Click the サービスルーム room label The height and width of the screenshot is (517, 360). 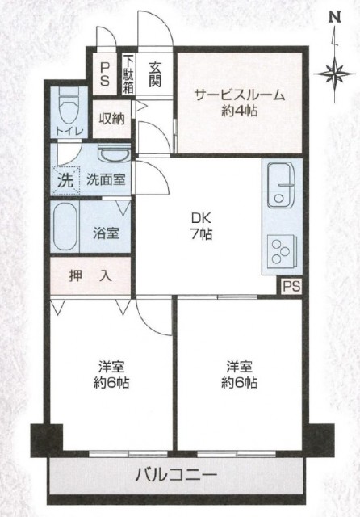point(240,95)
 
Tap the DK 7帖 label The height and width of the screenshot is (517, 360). point(201,226)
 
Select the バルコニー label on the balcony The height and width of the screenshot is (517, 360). point(176,475)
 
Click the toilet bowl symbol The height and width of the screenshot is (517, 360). point(69,106)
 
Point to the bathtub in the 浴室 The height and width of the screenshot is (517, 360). point(65,227)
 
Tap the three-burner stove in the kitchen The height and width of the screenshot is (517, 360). point(282,251)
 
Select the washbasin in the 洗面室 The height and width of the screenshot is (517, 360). point(115,154)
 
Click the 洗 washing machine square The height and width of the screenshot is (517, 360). point(66,181)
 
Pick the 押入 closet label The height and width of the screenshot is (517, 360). point(90,275)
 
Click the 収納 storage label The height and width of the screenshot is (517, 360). point(112,119)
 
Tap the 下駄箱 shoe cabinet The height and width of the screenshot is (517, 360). point(128,74)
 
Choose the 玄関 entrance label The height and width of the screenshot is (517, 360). point(154,74)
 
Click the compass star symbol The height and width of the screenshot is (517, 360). point(335,74)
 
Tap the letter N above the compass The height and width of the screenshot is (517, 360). point(336,18)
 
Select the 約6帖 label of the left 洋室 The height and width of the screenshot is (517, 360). point(111,382)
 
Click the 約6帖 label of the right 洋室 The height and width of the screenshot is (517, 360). point(239,382)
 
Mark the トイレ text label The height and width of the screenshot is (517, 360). point(69,132)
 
